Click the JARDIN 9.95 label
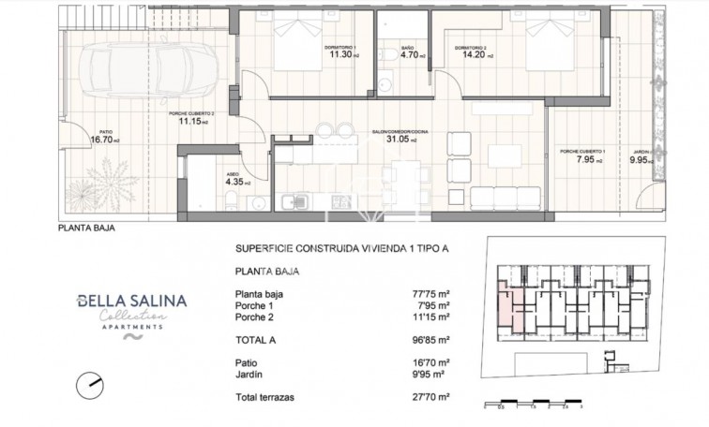pyautogui.click(x=641, y=159)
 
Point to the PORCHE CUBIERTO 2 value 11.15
pyautogui.click(x=191, y=121)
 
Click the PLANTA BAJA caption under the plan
pyautogui.click(x=87, y=226)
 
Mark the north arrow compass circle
pyautogui.click(x=91, y=383)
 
